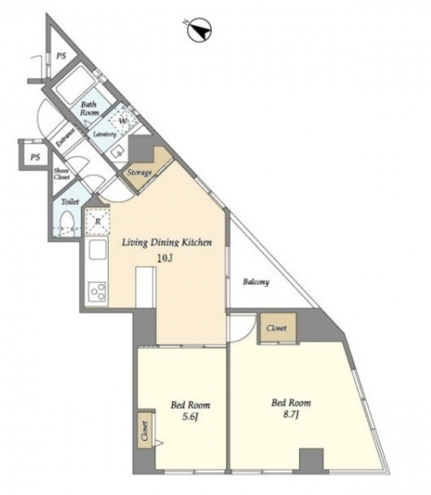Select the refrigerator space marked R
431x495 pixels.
pos(97,221)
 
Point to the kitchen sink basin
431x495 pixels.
pos(97,250)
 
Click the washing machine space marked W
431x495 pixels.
pos(122,121)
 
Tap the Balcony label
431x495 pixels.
pos(256,282)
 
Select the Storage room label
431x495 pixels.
pos(139,172)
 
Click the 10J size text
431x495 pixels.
pos(165,258)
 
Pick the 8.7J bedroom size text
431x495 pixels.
pos(291,414)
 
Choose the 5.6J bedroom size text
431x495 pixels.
pos(190,417)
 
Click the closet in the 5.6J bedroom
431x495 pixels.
pos(145,430)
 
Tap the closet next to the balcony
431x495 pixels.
pos(277,328)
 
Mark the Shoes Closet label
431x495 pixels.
pos(61,174)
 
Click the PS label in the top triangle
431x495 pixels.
pos(61,56)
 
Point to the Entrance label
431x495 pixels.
pos(65,138)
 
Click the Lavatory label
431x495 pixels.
pos(105,134)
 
